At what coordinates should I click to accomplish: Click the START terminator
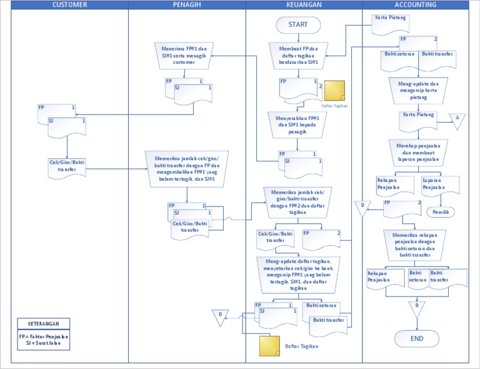[298, 24]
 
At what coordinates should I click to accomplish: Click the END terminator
[417, 338]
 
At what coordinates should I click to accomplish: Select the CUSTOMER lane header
[69, 5]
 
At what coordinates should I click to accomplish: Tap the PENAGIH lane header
[186, 5]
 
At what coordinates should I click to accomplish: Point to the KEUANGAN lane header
[304, 5]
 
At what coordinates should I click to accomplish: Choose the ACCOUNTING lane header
[416, 5]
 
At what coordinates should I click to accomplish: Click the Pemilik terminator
[441, 212]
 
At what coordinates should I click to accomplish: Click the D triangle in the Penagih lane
[219, 316]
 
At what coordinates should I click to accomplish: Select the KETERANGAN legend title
[43, 323]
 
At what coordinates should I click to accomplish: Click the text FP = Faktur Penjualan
[43, 336]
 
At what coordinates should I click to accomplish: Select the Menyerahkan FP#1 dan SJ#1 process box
[298, 124]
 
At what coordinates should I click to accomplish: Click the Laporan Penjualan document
[441, 185]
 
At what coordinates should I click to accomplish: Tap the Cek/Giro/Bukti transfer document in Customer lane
[67, 167]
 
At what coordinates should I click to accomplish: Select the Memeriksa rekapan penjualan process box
[416, 244]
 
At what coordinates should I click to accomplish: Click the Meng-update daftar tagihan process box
[299, 274]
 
